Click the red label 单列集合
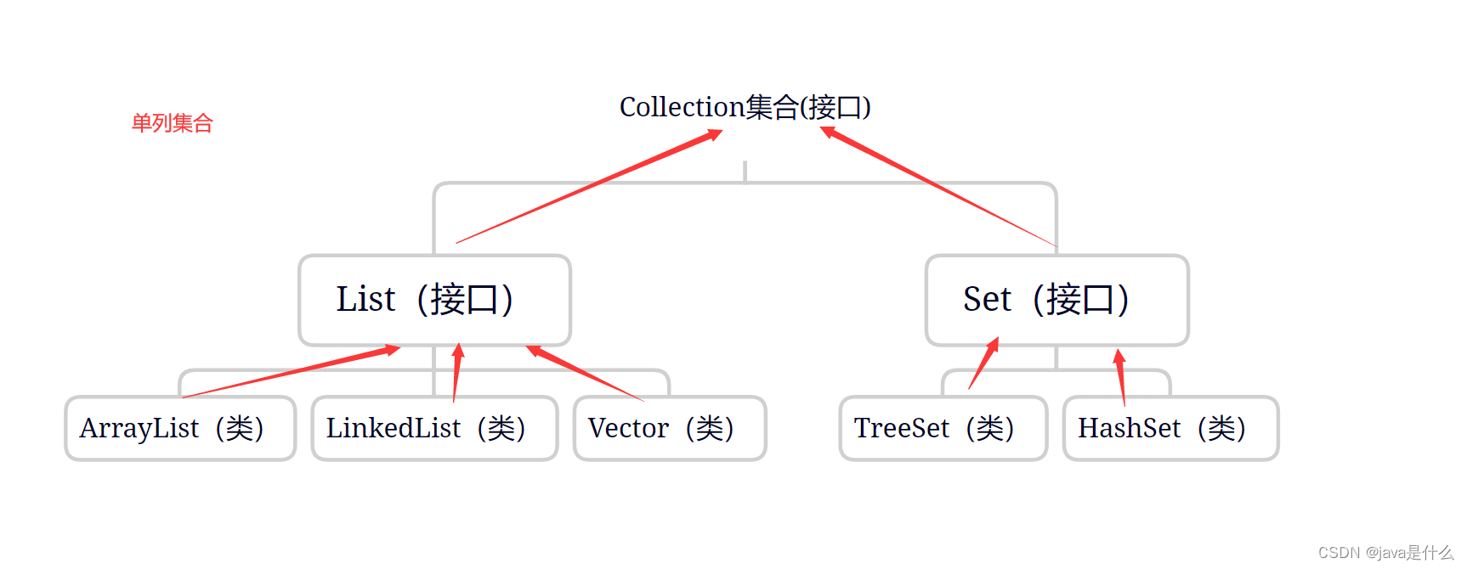[x=172, y=123]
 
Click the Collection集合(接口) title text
[x=745, y=107]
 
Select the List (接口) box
[x=434, y=300]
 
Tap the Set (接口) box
[x=1056, y=300]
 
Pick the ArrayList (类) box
[x=180, y=428]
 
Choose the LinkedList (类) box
[x=434, y=428]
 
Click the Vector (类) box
[x=670, y=428]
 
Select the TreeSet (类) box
[x=943, y=428]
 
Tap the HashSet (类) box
[x=1170, y=428]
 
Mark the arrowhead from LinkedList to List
[x=458, y=352]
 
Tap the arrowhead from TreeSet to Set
[x=993, y=345]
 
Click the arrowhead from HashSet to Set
[x=1119, y=357]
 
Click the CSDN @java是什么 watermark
[x=1385, y=553]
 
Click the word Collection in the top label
[x=682, y=107]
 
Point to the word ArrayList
[x=139, y=428]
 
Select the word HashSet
[x=1129, y=428]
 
